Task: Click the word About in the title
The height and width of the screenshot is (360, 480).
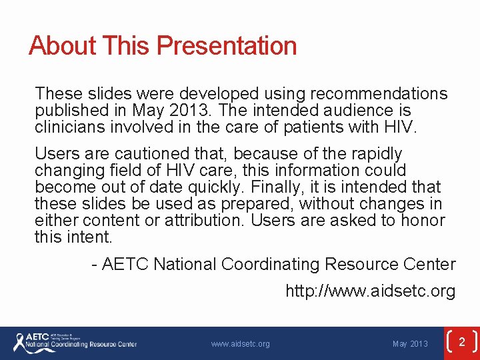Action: pos(63,46)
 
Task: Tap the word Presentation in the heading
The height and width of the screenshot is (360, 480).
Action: pos(227,46)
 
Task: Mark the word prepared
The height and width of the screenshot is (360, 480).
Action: pos(260,203)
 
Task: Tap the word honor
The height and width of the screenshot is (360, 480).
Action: pos(423,220)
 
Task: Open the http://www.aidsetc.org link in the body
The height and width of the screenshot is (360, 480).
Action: pos(370,291)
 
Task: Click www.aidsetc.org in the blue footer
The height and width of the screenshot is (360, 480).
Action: pos(240,344)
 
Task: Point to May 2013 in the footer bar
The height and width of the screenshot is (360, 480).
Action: pos(410,344)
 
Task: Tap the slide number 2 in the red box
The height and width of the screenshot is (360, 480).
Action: pos(461,341)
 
